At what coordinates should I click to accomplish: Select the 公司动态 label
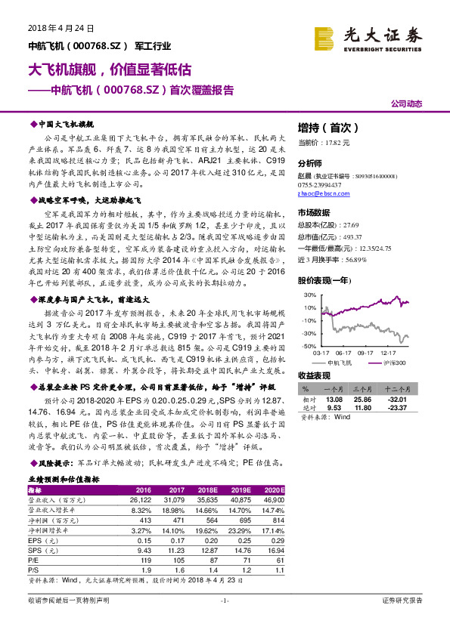(407, 104)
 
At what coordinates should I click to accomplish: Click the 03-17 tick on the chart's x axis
(321, 351)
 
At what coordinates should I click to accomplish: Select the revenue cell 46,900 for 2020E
(274, 499)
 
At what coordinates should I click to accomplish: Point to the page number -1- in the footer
(224, 600)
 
